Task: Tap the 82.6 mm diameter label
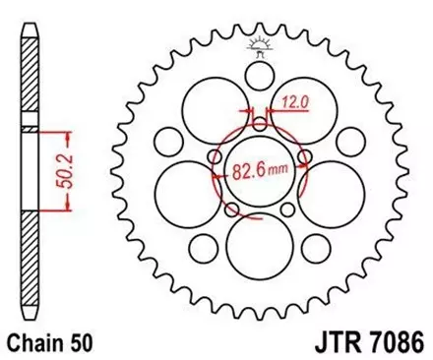[259, 168]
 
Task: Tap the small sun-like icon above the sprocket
[262, 42]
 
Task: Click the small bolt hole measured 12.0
[260, 125]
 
